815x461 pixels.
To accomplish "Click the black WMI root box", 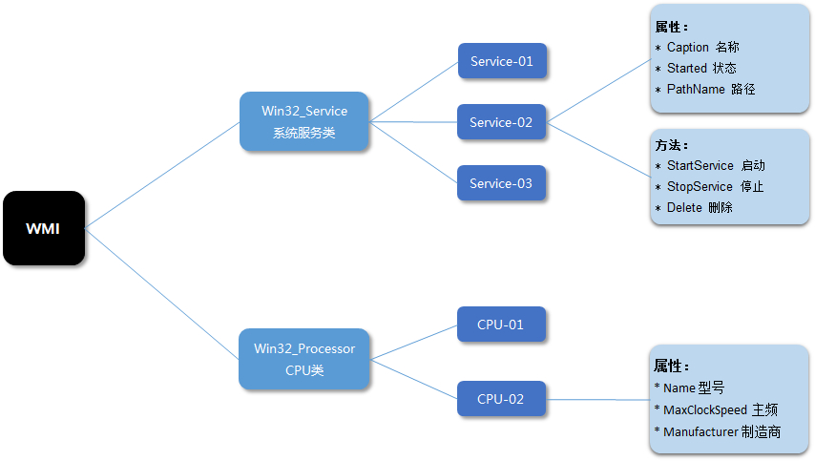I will coord(43,228).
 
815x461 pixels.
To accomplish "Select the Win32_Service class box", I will coord(304,121).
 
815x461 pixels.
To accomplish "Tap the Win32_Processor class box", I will coord(304,359).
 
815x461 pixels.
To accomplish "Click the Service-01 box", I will coord(501,61).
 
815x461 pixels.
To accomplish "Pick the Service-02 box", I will coord(501,122).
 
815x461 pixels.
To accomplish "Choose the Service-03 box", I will coord(501,183).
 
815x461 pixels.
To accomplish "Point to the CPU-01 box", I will coord(501,325).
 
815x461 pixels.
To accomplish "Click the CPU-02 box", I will coord(501,399).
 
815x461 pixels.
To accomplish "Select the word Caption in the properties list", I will coord(688,47).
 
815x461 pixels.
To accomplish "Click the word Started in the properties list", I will coord(687,68).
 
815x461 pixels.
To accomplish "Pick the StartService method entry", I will coord(700,165).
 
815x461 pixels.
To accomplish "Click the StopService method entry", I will coord(700,186).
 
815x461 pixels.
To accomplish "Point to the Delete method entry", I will coord(684,207).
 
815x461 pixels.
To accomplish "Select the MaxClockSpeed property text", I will coord(705,409).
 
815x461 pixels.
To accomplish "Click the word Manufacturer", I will coord(700,431).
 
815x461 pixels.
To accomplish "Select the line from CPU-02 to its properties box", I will coord(597,400).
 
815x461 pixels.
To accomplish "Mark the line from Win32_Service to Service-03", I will coord(413,153).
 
